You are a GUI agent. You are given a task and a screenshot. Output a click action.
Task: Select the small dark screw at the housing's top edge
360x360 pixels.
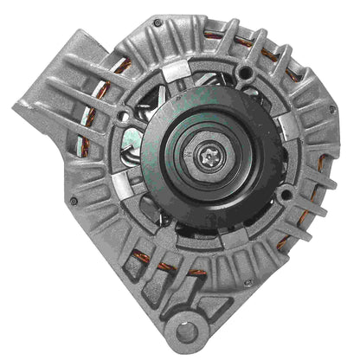[157, 23]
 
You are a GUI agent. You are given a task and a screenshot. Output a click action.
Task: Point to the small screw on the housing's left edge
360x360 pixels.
[73, 201]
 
